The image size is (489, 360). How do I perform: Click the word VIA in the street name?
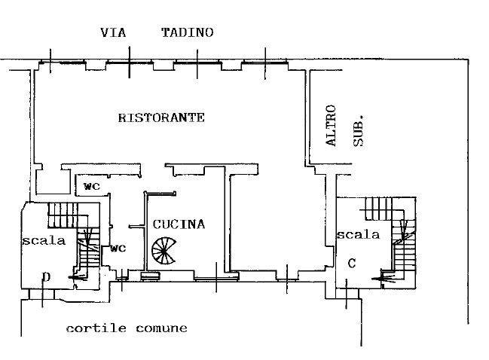(x=113, y=32)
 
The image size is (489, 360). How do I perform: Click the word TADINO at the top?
(x=188, y=32)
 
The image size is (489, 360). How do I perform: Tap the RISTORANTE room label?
(x=161, y=117)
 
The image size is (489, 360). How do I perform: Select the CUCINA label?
(x=179, y=224)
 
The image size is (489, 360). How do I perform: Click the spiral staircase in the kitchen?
(x=164, y=251)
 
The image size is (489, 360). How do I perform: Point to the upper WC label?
(x=92, y=186)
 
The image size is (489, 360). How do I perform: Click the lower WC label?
(x=118, y=249)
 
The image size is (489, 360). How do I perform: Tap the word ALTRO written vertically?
(x=331, y=125)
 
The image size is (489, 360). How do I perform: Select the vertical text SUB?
(x=359, y=131)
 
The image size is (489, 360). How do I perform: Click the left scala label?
(x=44, y=240)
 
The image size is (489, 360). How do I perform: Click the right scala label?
(x=358, y=234)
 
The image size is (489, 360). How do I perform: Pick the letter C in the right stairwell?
(x=352, y=264)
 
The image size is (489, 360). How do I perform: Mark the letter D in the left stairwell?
(x=46, y=276)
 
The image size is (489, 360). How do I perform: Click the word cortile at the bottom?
(x=96, y=328)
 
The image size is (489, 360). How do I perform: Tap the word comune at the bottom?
(x=161, y=328)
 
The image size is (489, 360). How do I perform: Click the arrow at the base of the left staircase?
(x=78, y=277)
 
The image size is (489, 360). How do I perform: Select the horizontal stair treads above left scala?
(x=63, y=215)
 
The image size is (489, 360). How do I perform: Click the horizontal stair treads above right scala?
(x=378, y=209)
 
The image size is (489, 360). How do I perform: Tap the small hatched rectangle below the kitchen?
(x=151, y=276)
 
